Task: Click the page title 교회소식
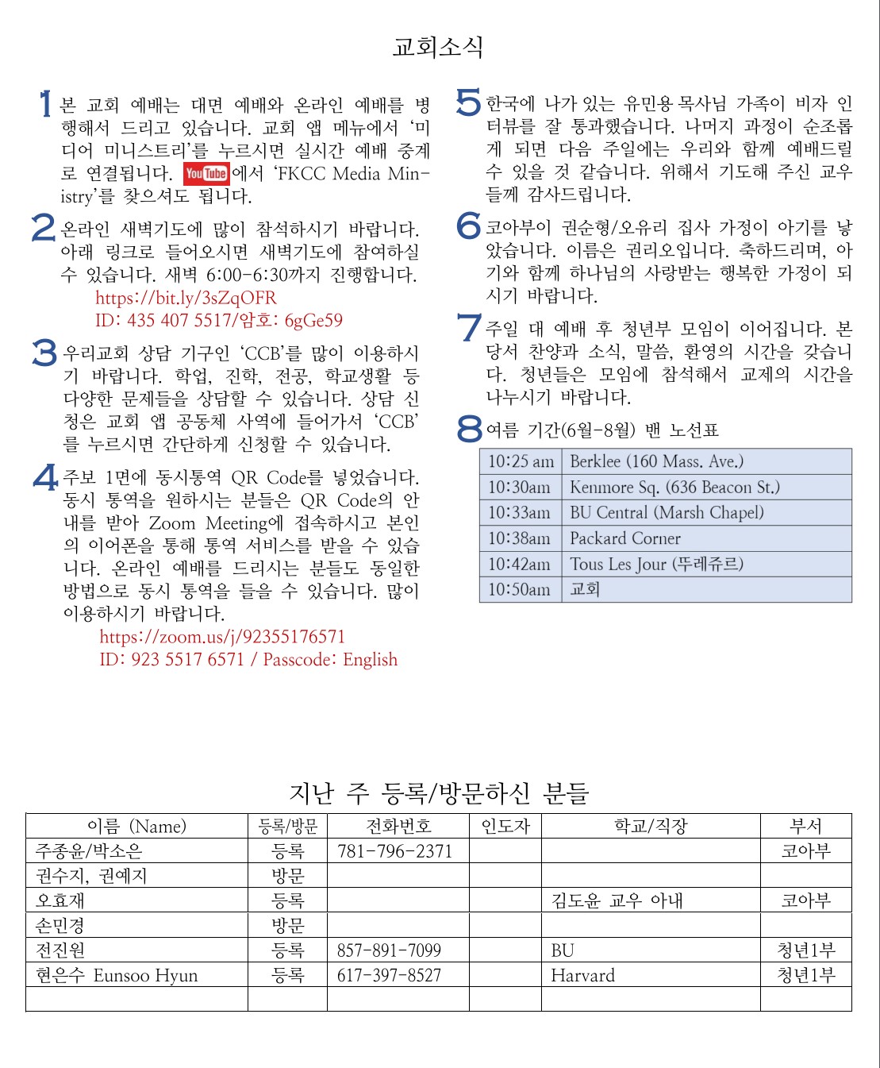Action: (438, 47)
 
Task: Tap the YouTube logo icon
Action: (206, 173)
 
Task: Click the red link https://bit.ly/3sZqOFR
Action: (186, 298)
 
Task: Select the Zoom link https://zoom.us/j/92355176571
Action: (222, 637)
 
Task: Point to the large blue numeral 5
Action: (469, 102)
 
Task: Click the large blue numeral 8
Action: (470, 430)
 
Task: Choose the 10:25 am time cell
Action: (521, 461)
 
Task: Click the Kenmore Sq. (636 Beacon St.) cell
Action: (674, 487)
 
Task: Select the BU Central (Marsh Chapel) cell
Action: (667, 512)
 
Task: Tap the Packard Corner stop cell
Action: (625, 538)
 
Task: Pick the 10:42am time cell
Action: (519, 564)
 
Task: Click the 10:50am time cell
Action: (519, 589)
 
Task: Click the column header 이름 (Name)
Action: (136, 826)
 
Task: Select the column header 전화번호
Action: (398, 826)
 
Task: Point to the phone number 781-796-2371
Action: (394, 851)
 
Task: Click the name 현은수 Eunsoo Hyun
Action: (117, 975)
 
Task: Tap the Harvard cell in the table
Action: (582, 975)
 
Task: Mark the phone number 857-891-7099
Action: (389, 950)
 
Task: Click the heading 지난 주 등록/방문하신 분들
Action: (438, 792)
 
